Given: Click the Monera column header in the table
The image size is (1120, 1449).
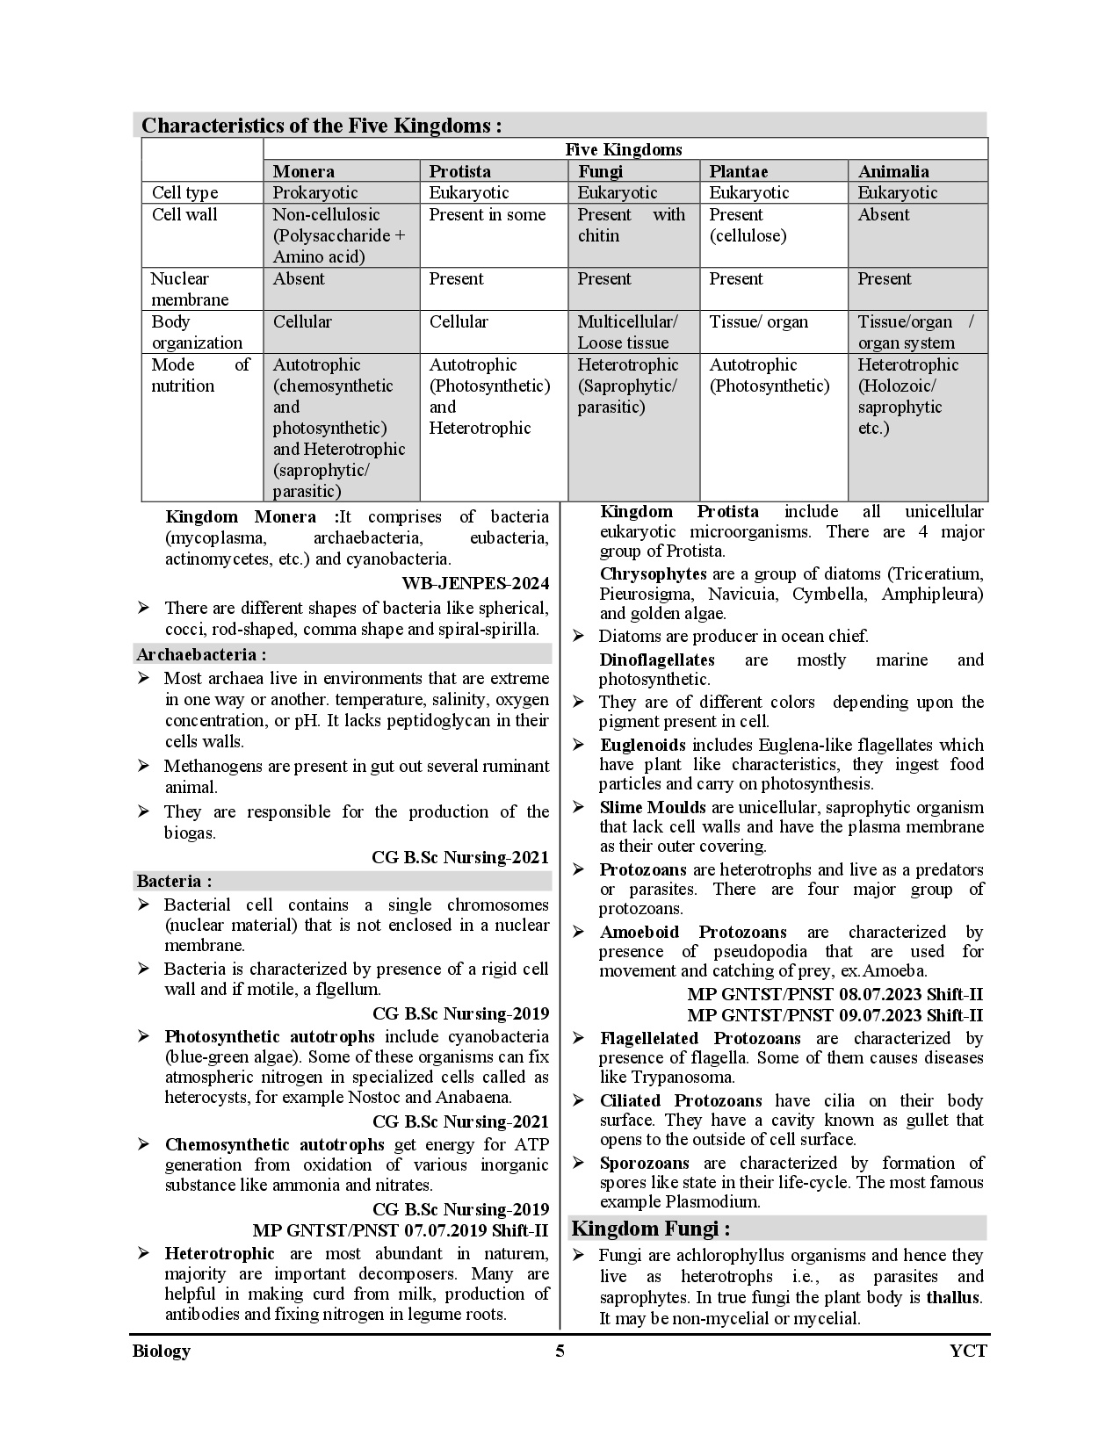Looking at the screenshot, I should [303, 171].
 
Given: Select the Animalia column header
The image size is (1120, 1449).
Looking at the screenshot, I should [892, 171].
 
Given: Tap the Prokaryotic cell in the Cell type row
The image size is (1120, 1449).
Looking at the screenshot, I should [314, 192].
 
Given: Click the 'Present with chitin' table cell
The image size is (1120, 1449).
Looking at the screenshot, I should [631, 226].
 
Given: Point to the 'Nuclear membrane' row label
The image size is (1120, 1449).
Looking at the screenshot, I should [189, 289].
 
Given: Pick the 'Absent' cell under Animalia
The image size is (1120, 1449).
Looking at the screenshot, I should [883, 215].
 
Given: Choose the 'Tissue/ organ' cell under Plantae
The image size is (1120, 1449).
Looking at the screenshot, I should [758, 321].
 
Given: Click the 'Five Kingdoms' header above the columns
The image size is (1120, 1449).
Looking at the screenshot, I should [623, 149].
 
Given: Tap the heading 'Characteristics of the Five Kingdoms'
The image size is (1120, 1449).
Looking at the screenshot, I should [322, 126].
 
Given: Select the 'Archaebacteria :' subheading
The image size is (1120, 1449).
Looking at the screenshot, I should [201, 654].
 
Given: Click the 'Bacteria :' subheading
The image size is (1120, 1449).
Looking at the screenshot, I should [174, 881].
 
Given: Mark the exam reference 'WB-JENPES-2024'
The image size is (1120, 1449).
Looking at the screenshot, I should [475, 583].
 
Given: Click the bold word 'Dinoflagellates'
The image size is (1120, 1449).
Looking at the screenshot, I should [656, 660].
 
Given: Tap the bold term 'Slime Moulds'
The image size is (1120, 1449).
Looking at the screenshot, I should [652, 807].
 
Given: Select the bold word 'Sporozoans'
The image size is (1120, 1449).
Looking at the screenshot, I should [644, 1163].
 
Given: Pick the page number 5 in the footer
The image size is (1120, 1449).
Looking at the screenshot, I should [560, 1351].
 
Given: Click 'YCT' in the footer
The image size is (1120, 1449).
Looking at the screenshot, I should [968, 1351].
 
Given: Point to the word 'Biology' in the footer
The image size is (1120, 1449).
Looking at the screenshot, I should [161, 1351].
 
